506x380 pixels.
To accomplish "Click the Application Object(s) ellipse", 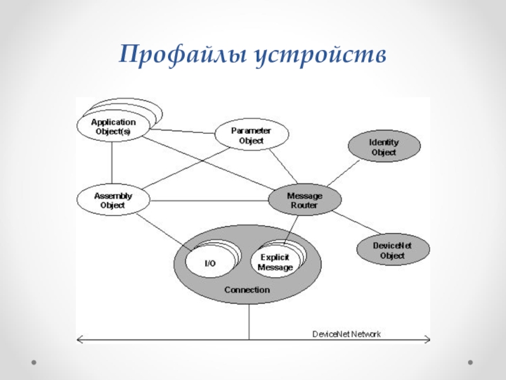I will (x=113, y=127).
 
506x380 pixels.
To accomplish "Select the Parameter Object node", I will (x=251, y=135).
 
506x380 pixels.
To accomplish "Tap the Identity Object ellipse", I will (x=383, y=147).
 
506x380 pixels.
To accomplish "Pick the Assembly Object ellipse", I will (x=113, y=200).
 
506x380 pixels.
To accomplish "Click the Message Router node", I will (x=304, y=201).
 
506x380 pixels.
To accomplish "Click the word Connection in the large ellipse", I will (x=247, y=290).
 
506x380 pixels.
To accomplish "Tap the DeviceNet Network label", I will (x=347, y=333).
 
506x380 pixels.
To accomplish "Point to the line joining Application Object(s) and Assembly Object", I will (x=113, y=163).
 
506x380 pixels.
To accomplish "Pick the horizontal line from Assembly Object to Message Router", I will (x=209, y=201).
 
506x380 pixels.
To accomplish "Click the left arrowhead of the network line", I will (x=79, y=340).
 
